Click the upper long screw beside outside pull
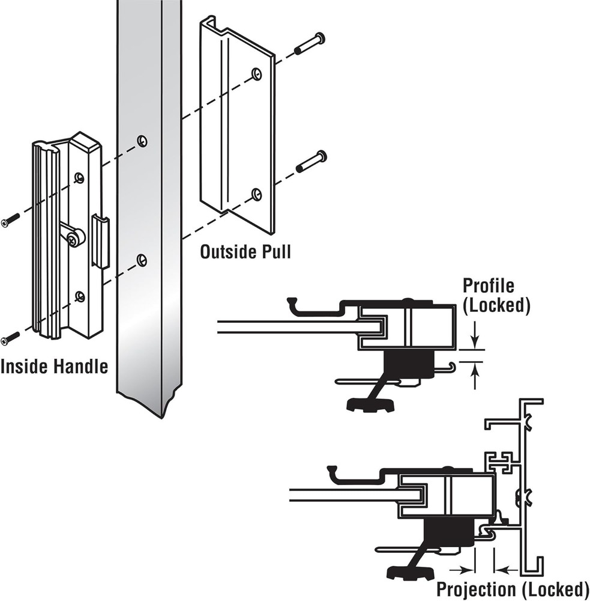pos(310,44)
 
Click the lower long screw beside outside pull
pos(311,162)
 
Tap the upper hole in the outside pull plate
pos(257,73)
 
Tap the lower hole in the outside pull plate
pos(257,194)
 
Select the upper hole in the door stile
pos(141,141)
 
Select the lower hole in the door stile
pos(141,260)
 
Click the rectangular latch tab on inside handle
pos(101,242)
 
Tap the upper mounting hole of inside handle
pos(79,177)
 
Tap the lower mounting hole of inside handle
pos(79,296)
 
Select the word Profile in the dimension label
pos(488,285)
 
